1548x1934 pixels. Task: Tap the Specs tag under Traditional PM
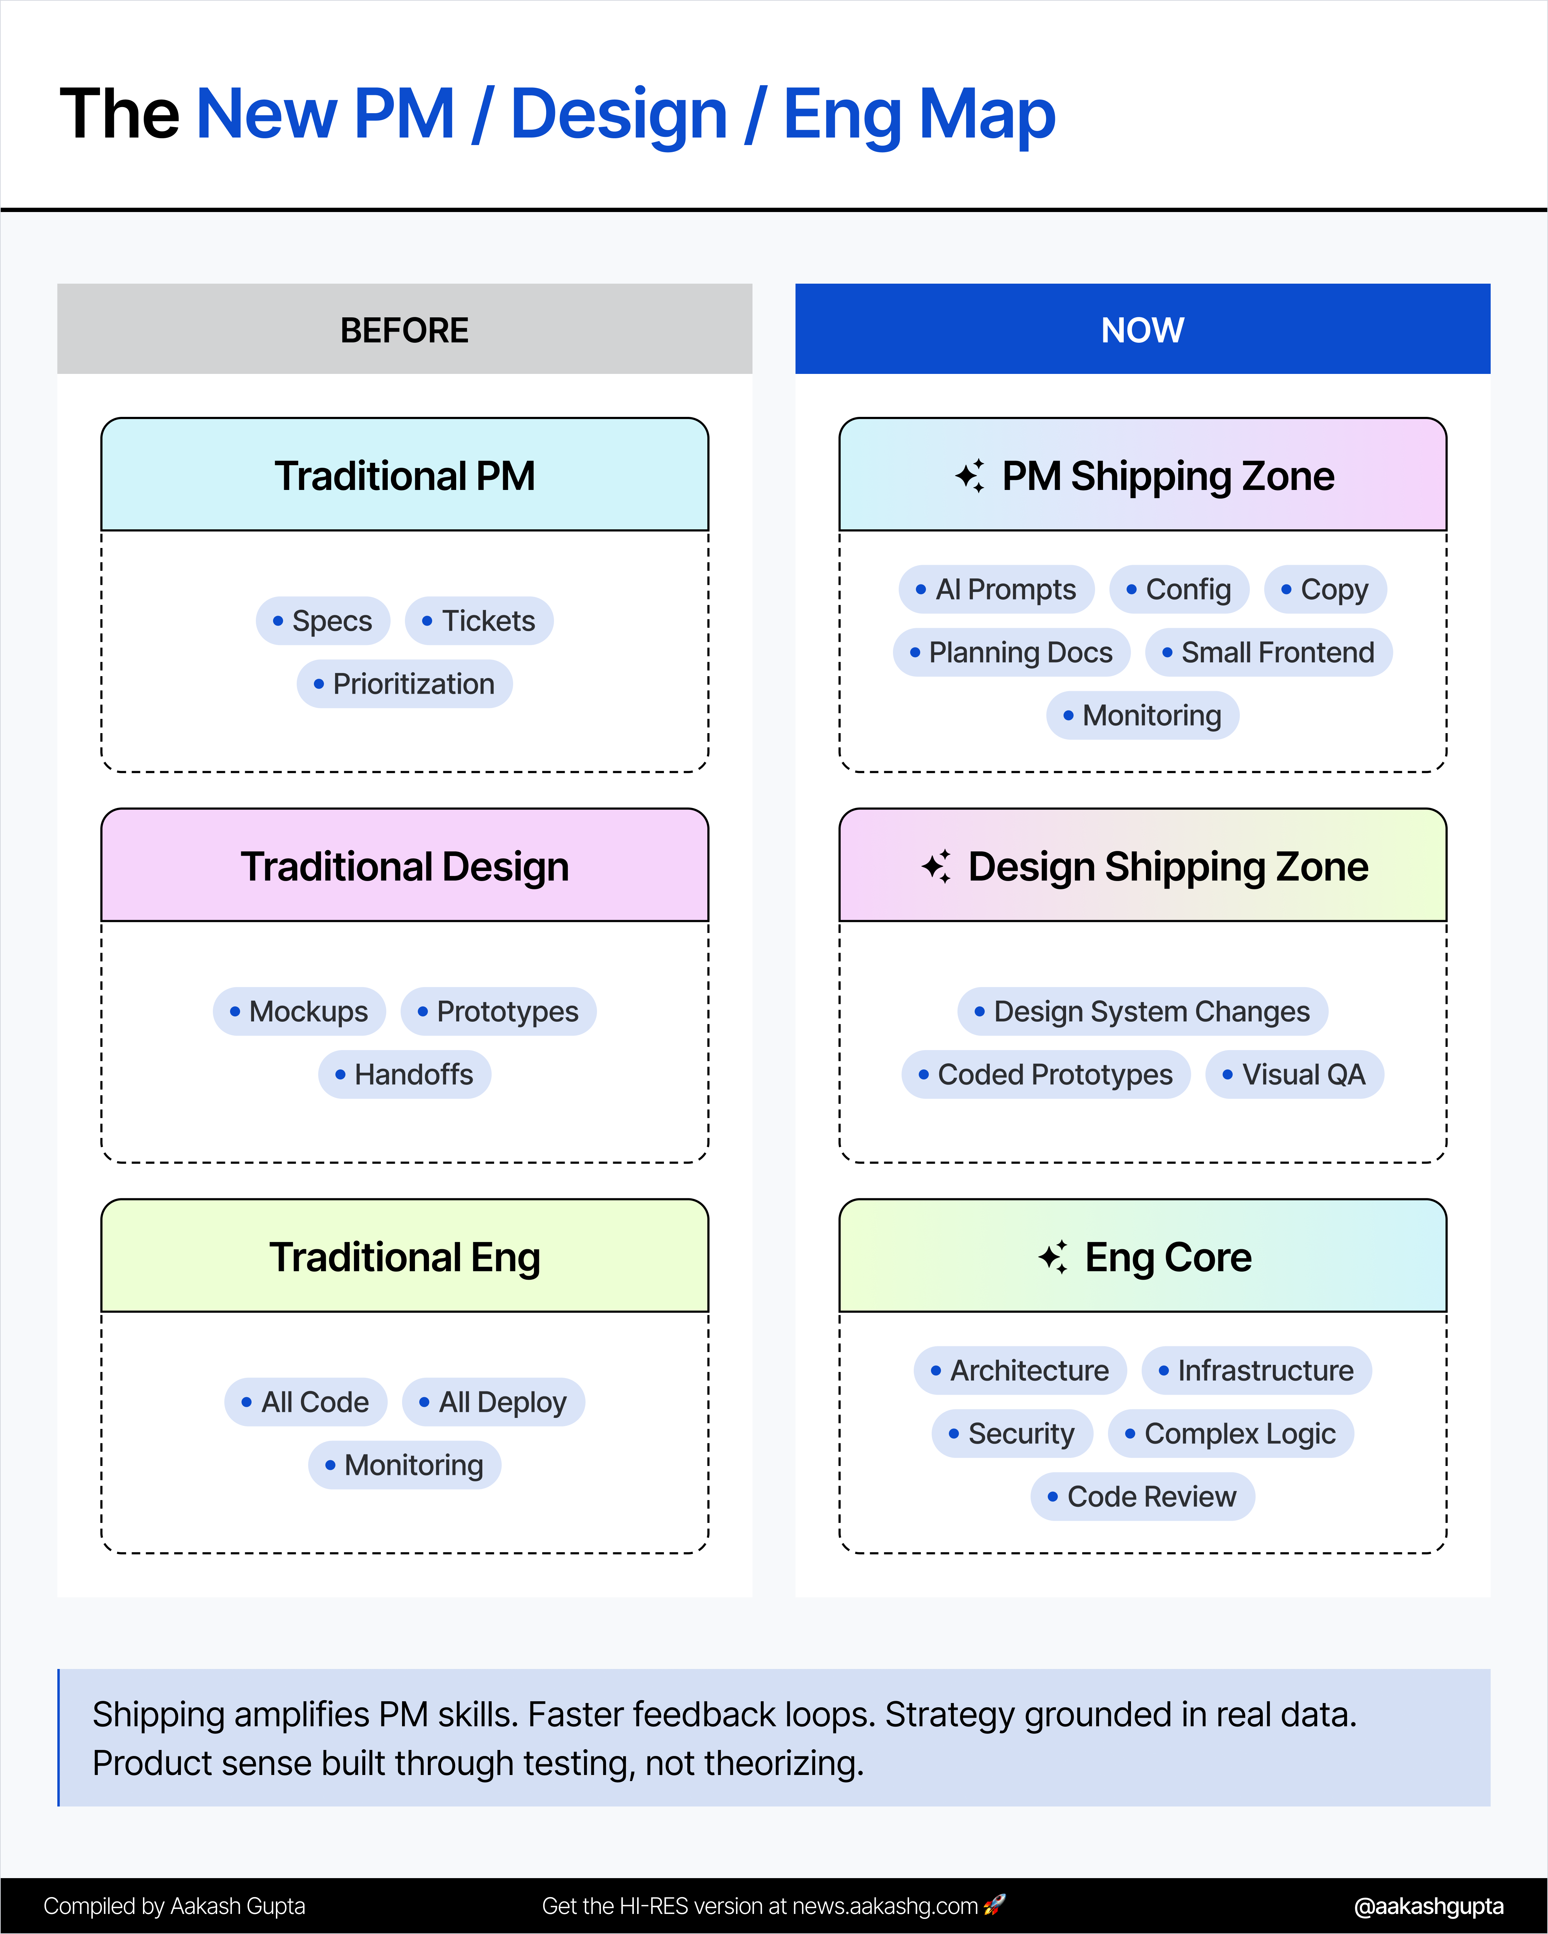pyautogui.click(x=323, y=621)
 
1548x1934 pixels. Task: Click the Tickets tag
pyautogui.click(x=479, y=621)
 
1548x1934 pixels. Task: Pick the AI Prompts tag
pyautogui.click(x=996, y=590)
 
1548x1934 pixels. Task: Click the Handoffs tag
pyautogui.click(x=405, y=1075)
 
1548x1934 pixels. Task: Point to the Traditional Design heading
pyautogui.click(x=405, y=866)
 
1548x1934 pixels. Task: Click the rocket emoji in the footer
pyautogui.click(x=994, y=1905)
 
